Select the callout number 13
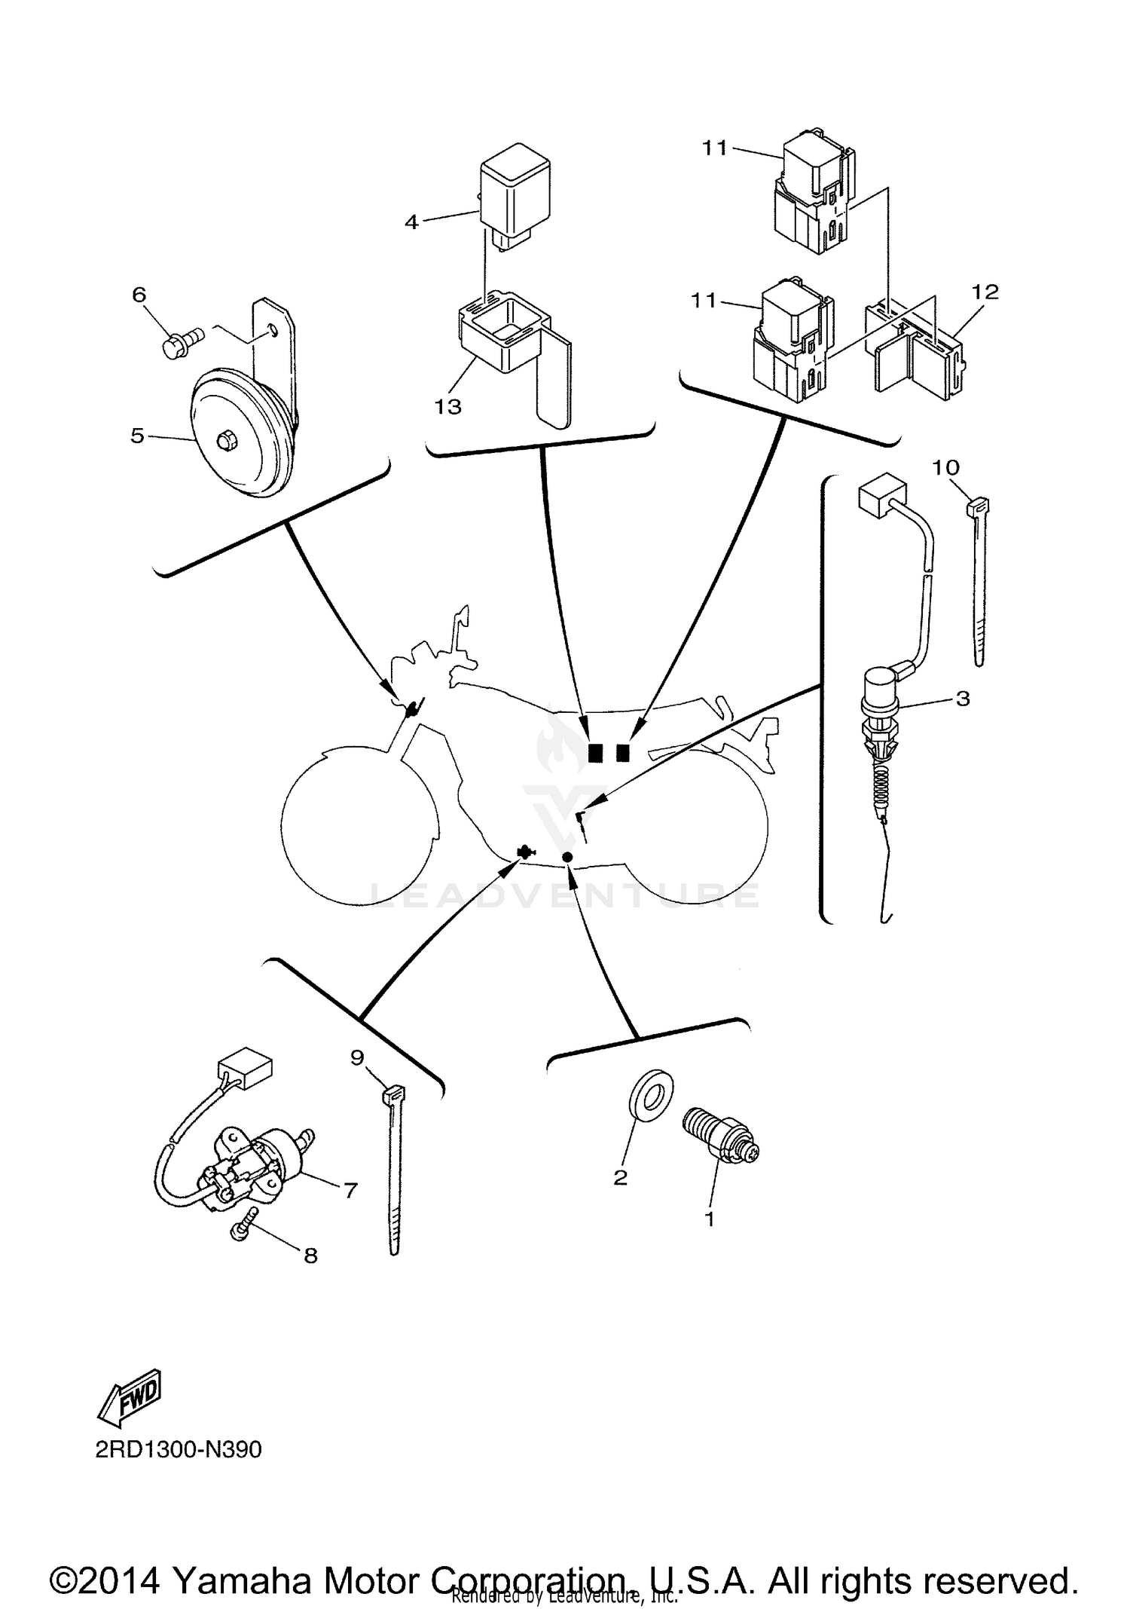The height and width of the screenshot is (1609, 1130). pyautogui.click(x=447, y=407)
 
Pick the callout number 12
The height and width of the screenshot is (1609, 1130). pyautogui.click(x=985, y=292)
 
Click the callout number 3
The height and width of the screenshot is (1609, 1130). pyautogui.click(x=963, y=699)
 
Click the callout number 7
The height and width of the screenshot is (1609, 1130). pyautogui.click(x=350, y=1191)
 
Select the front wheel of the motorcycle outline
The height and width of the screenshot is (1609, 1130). pyautogui.click(x=358, y=825)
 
